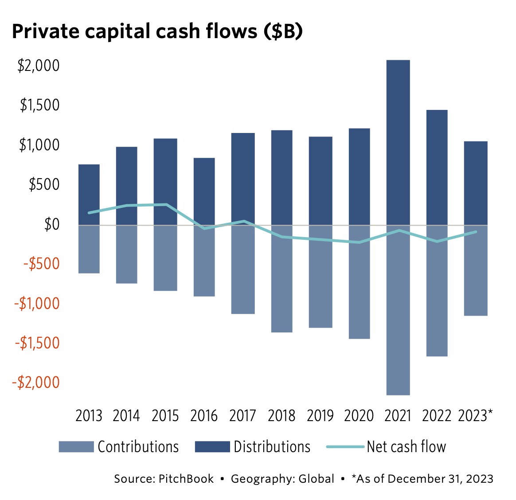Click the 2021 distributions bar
coord(398,142)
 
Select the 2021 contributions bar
coord(398,310)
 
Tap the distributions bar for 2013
coord(89,186)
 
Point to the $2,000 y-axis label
coord(39,66)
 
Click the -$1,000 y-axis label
coord(37,304)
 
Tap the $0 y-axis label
coord(51,225)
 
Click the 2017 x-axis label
coord(242,416)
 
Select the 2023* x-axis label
coord(475,416)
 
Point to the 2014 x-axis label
coord(126,416)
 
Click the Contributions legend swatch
coord(76,447)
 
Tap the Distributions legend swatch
coord(212,447)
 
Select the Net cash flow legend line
coord(345,447)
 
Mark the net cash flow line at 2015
coord(166,204)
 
